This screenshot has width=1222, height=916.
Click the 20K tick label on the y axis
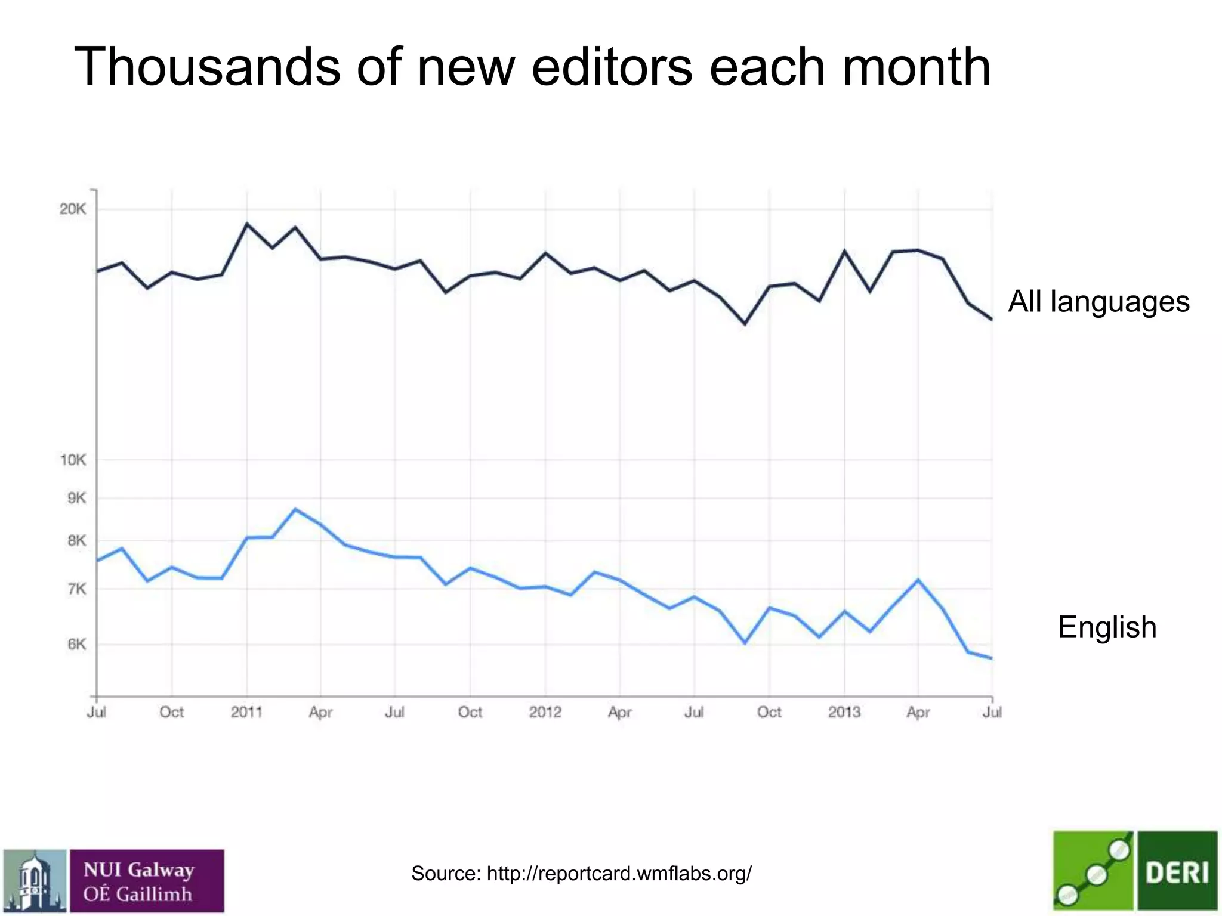click(73, 209)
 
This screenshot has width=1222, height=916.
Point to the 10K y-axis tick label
click(73, 460)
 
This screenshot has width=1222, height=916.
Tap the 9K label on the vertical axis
click(76, 498)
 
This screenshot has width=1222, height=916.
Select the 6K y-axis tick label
click(76, 644)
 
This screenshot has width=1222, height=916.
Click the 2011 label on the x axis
click(246, 712)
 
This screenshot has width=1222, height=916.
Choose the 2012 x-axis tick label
click(545, 712)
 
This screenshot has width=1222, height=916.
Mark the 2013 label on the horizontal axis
click(844, 712)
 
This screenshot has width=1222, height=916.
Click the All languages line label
click(1098, 301)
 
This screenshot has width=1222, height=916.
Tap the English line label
click(1107, 627)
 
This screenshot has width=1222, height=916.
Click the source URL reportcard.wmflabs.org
click(619, 873)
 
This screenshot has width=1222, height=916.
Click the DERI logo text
click(1177, 872)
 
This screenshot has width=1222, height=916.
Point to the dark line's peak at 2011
click(247, 224)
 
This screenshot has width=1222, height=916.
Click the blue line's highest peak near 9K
click(296, 509)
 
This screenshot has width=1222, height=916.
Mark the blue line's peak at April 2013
click(918, 580)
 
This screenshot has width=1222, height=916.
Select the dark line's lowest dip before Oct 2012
click(745, 324)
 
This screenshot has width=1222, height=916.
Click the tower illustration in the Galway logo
click(35, 881)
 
